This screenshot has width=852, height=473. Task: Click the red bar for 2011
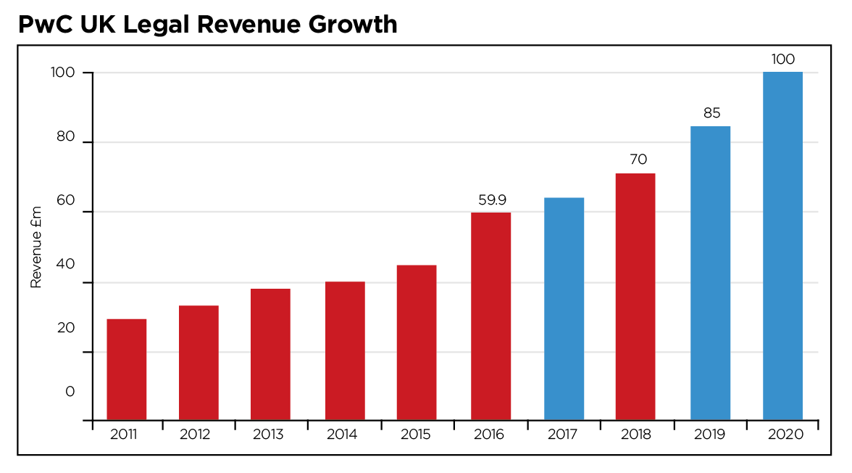point(126,369)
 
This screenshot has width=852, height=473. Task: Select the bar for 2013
point(270,354)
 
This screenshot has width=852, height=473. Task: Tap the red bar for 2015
point(417,342)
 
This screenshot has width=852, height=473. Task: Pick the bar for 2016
point(490,316)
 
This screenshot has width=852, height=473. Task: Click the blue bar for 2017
point(564,309)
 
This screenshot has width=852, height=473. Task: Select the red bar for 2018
point(635,297)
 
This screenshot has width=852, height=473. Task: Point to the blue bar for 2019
point(710,273)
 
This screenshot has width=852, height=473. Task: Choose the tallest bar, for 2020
point(782,246)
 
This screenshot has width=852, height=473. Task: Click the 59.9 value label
point(490,199)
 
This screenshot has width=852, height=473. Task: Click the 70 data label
point(638,160)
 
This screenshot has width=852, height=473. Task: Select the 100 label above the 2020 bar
point(782,59)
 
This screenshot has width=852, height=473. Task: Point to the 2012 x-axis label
point(195,435)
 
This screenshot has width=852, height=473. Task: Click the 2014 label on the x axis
point(342,435)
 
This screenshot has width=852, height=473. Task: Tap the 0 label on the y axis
point(70,392)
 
